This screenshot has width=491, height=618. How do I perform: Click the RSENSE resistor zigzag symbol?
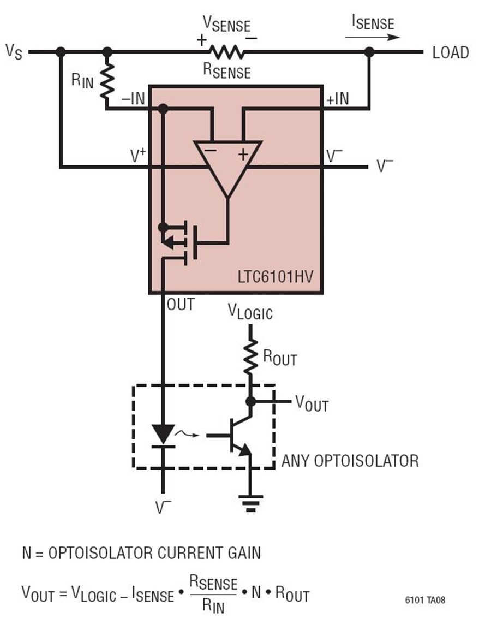coord(226,52)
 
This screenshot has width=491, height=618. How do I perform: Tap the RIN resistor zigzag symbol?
coord(107,81)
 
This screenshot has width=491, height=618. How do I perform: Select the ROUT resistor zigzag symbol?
coord(250,356)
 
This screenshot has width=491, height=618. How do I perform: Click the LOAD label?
coord(451,52)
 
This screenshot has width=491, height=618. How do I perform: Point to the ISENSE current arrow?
coord(372,38)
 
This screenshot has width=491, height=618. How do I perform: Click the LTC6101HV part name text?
coord(276,277)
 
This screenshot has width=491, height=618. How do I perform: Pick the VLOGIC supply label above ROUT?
coord(250,312)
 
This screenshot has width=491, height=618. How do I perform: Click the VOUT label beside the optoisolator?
coord(312,403)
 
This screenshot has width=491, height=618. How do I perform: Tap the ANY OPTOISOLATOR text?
coord(350,461)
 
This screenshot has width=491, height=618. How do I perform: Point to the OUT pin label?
coord(181,304)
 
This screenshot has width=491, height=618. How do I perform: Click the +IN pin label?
coord(338,98)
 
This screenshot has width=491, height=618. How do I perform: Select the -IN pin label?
coord(134,98)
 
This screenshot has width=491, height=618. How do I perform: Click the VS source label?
coord(14,52)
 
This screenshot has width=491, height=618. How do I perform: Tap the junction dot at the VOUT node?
coord(250,402)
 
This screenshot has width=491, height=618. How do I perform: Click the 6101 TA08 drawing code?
coord(425,600)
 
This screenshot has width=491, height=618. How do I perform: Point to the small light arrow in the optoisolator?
coord(187,434)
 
